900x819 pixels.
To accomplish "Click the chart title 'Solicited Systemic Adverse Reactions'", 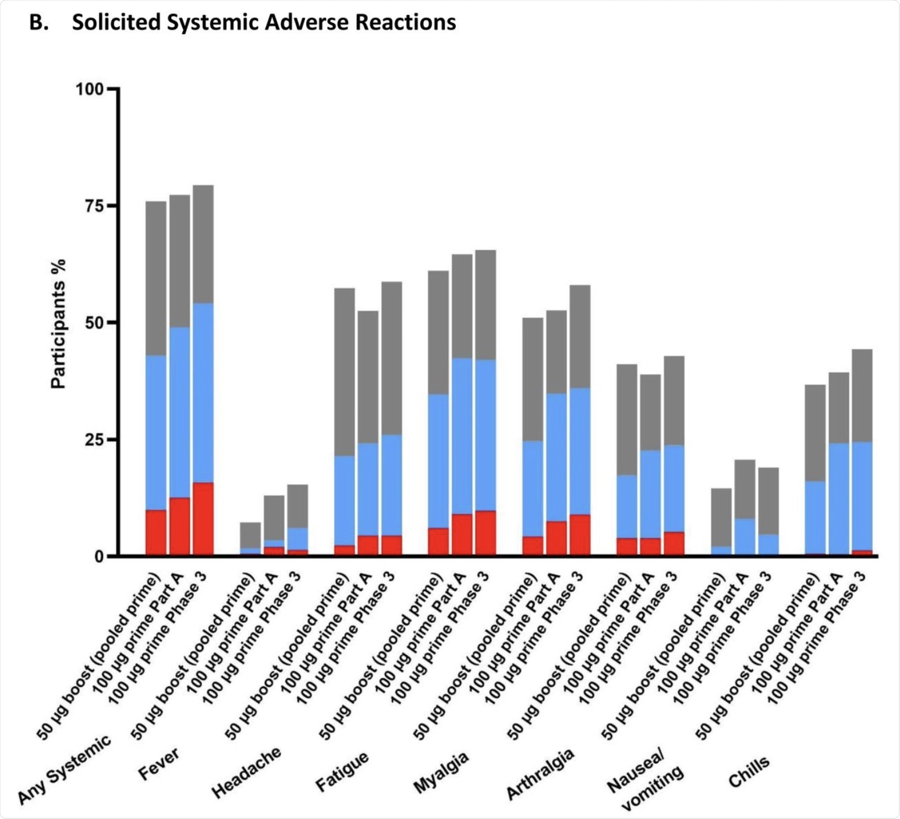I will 263,23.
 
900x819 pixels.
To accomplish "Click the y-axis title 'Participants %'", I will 58,324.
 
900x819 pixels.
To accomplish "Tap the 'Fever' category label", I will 159,763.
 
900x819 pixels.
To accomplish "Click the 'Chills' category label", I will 749,772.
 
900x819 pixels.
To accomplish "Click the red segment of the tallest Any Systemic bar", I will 203,518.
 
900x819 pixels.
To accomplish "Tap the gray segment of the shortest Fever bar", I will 251,535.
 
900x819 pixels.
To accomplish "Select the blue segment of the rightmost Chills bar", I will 862,496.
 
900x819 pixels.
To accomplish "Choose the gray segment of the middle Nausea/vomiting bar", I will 745,489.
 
